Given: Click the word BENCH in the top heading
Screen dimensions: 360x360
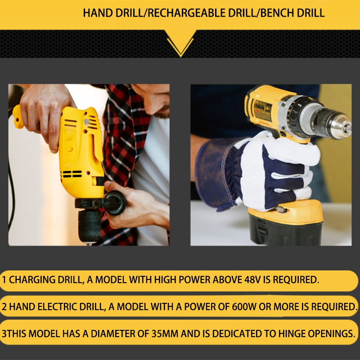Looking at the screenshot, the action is click(277, 13).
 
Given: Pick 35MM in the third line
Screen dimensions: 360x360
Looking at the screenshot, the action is click(165, 333).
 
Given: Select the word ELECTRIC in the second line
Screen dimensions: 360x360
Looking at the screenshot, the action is click(57, 307).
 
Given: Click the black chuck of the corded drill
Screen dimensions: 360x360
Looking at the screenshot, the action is click(89, 226).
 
